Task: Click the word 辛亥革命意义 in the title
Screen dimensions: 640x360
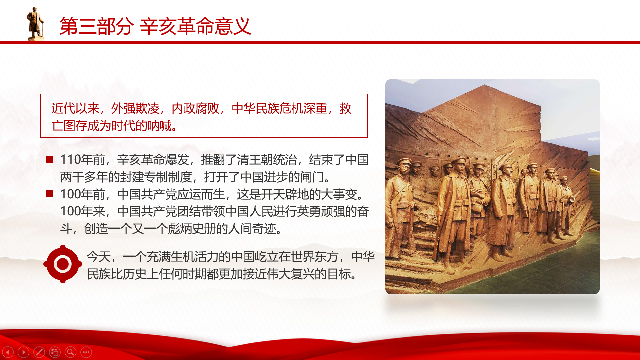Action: tap(196, 26)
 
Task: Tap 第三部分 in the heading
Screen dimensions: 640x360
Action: tap(97, 26)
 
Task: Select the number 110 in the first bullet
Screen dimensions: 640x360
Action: tap(71, 160)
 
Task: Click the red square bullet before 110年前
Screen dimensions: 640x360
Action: tap(50, 159)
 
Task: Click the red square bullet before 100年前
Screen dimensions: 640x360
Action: tap(50, 194)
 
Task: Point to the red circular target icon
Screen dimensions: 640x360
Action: tap(63, 264)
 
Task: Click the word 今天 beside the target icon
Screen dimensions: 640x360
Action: tap(99, 257)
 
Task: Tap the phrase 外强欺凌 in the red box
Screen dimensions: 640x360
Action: tap(135, 108)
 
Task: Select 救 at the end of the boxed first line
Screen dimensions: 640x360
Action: tap(345, 108)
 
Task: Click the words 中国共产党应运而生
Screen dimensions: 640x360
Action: tap(171, 194)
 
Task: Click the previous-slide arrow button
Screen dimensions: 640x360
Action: tap(8, 352)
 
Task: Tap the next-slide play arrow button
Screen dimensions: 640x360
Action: tap(23, 352)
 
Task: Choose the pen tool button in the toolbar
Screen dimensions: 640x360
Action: tap(39, 352)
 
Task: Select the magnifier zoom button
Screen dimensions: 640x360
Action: tap(70, 352)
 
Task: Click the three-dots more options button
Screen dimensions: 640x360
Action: tap(86, 352)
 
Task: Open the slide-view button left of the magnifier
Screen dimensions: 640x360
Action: tap(55, 352)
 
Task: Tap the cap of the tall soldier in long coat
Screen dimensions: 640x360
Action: tap(459, 160)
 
